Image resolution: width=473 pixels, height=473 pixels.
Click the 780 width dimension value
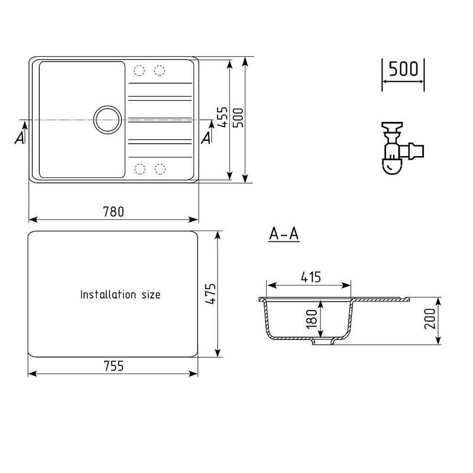(x=114, y=212)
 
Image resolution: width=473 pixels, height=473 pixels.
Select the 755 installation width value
(x=114, y=366)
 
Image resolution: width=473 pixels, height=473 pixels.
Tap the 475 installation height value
(x=210, y=294)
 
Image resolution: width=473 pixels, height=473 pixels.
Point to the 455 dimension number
(x=223, y=117)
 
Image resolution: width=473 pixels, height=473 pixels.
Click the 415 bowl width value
(x=311, y=277)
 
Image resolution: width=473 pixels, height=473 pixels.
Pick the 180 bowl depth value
(x=312, y=319)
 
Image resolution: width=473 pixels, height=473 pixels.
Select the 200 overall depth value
(x=430, y=319)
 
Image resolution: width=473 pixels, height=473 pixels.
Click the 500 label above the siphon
(x=403, y=69)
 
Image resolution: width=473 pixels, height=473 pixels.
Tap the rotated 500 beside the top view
(x=238, y=118)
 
